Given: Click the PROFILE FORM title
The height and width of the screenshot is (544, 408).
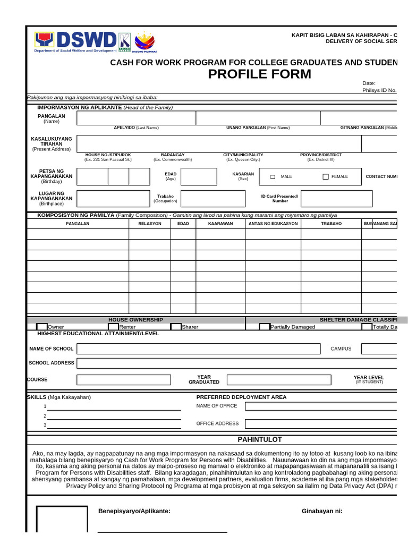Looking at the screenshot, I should pos(259,74).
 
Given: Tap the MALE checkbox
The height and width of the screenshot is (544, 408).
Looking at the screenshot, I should pos(273,177).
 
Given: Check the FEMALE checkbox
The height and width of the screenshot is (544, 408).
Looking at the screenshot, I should pos(326,177).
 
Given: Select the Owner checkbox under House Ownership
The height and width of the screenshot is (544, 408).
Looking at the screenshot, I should pos(41,327).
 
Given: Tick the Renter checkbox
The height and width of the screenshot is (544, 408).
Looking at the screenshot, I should pos(113,327).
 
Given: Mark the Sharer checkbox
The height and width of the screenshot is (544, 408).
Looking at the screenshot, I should pos(176,327).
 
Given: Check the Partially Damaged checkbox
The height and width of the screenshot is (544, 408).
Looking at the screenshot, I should pos(264,327).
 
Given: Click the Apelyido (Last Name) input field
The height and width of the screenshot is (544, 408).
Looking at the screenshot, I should pos(136,118).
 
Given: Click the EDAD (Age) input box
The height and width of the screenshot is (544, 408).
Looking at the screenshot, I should pos(199,177).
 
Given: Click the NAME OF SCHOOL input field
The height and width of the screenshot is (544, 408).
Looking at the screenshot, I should pos(198,348).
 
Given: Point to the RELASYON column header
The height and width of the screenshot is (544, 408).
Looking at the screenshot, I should pos(150,224).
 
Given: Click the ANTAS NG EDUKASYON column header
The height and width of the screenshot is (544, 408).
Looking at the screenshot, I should pos(273,224).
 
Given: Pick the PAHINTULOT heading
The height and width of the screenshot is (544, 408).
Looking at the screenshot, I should pos(259,439).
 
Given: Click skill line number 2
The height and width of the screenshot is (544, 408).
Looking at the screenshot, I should pos(114,416).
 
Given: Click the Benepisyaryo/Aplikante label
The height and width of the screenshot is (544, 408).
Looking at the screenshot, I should pos(134,511).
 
